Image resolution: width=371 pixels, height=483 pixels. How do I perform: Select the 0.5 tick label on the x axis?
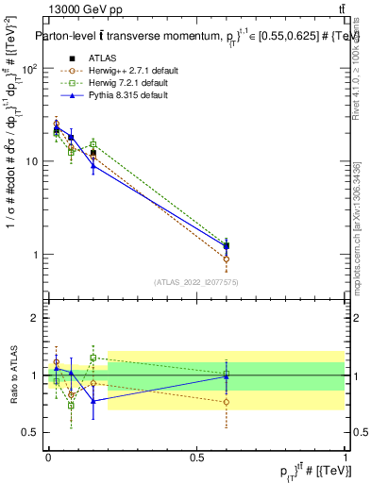196,457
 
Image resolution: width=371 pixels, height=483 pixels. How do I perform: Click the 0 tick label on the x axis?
48,457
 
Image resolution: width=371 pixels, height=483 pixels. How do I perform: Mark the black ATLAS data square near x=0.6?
226,246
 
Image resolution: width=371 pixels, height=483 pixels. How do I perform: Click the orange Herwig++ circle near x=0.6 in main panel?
226,259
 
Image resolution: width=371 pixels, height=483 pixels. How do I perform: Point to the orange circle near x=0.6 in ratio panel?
226,402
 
